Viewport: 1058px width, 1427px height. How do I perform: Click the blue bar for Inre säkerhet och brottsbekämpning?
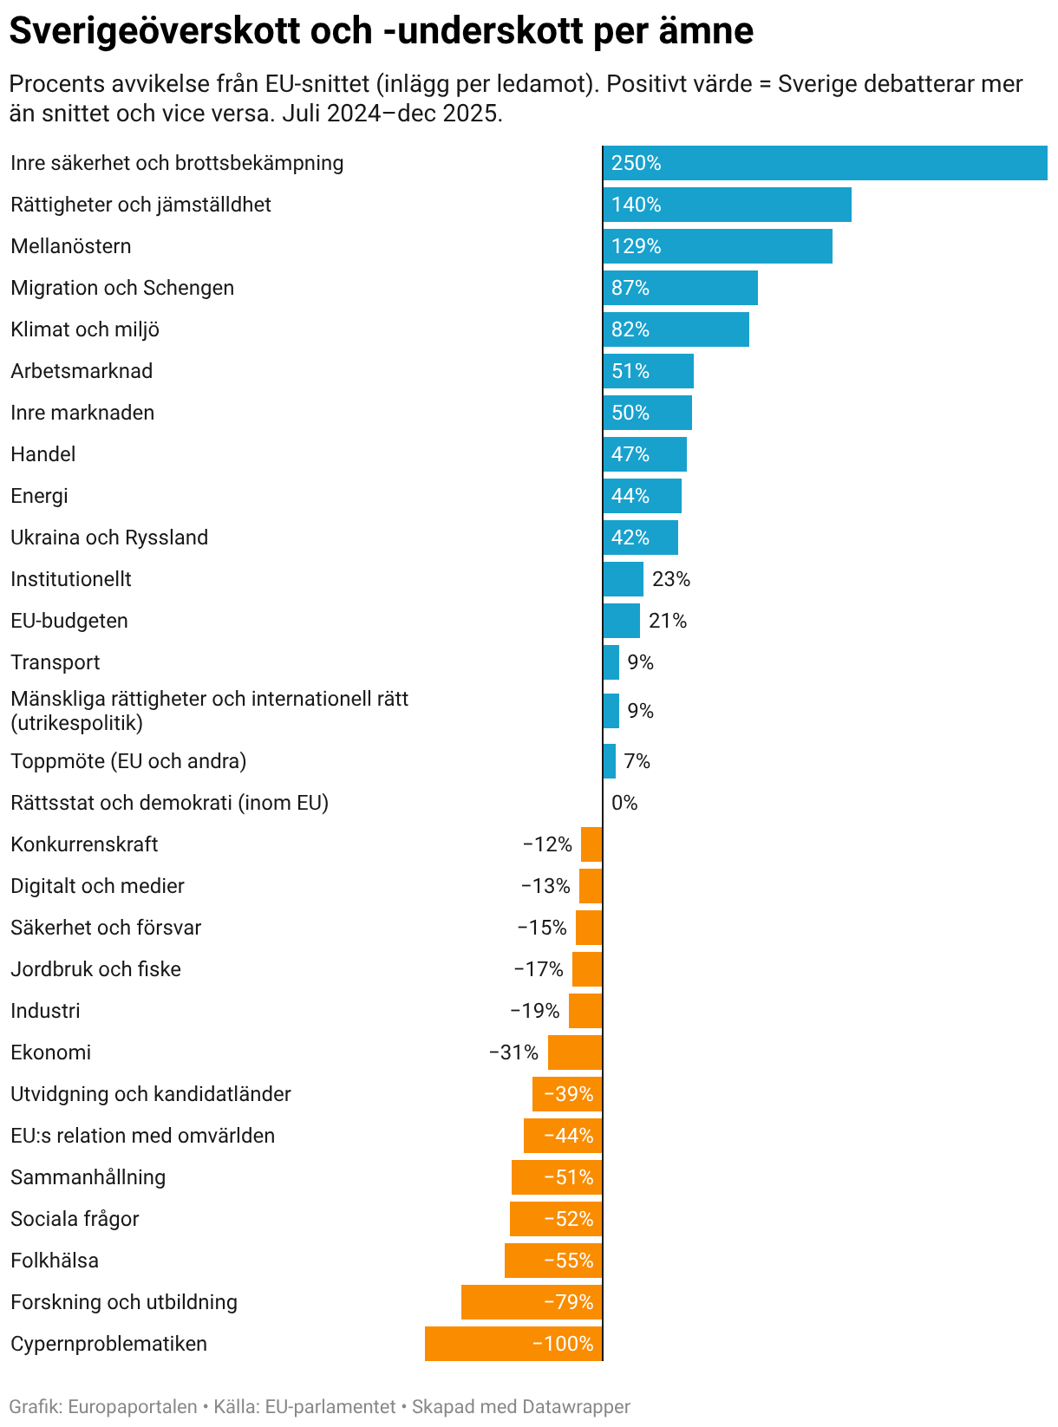825,163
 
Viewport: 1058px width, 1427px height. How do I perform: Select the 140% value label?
636,205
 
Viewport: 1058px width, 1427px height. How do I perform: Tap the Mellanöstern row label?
71,245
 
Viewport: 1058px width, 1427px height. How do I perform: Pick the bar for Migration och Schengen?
680,288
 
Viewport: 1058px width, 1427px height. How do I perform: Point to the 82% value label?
630,329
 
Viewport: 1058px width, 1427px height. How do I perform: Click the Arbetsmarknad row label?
82,370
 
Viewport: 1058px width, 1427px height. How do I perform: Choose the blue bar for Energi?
643,495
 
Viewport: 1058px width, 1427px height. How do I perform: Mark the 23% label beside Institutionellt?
671,579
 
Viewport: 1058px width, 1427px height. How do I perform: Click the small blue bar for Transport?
611,662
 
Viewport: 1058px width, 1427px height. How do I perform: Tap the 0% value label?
624,802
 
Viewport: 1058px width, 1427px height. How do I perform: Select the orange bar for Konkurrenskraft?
591,844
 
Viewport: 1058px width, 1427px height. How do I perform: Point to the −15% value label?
542,927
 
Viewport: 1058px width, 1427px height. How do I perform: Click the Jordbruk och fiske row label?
96,969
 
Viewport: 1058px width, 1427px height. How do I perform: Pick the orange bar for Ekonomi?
575,1052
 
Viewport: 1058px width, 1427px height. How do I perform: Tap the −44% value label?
569,1136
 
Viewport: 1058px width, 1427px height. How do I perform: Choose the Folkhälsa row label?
55,1261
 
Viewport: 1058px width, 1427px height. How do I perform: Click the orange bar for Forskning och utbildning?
532,1302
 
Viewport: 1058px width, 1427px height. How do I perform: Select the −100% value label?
563,1344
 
